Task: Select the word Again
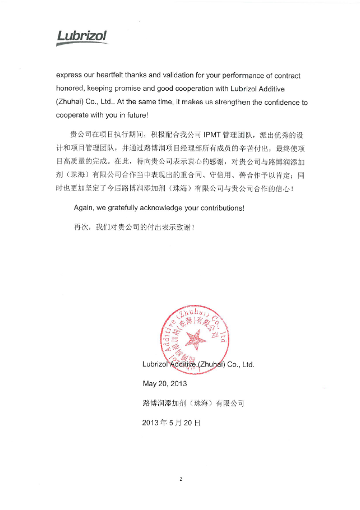point(84,208)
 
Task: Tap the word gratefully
point(127,208)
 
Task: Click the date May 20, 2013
point(165,384)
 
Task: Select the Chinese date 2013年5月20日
point(171,423)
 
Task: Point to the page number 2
point(181,479)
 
